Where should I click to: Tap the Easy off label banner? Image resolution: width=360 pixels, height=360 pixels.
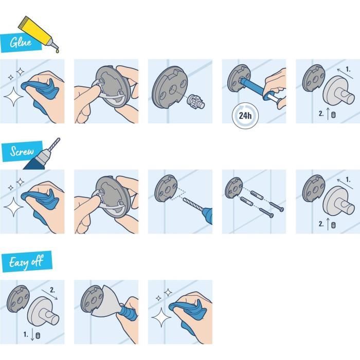pyautogui.click(x=26, y=263)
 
